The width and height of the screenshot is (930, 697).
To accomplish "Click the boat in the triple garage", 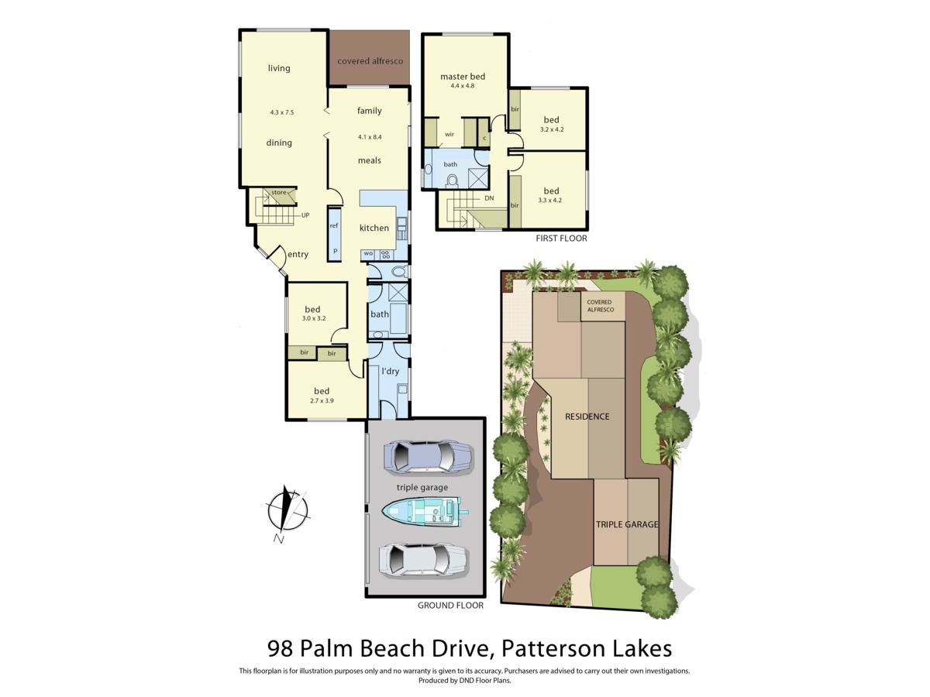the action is pos(425,512).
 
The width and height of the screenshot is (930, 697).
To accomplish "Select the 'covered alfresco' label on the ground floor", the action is pos(370,61).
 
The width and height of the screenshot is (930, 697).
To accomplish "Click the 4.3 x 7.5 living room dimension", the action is pos(282,112).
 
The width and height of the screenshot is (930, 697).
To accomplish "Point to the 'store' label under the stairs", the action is pos(279,193).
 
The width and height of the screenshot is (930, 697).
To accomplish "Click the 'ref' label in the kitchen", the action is pos(334,225).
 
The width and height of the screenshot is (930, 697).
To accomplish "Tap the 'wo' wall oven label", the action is pos(369,253).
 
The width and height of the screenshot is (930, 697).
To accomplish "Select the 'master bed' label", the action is pos(463,77).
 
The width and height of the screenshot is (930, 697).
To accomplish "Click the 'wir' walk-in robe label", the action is pos(449,135).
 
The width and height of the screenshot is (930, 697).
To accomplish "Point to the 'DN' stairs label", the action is pos(489,198).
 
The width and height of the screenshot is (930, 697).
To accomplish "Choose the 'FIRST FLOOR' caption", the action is pos(561,239).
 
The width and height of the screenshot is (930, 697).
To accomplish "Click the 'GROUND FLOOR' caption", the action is pos(450,606).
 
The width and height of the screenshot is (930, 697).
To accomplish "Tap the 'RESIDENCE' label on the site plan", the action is pos(587,417).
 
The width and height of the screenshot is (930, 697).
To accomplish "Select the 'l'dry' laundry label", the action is pos(391,371).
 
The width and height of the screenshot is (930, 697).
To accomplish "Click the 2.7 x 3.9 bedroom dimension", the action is pos(322,400).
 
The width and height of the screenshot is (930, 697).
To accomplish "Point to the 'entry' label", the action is pos(298,254).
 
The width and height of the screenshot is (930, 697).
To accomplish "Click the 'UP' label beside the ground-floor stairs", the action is pos(305,215).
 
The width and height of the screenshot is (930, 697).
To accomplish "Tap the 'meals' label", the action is pos(370,160).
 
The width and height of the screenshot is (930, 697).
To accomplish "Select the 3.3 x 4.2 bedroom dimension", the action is pos(550,200).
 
